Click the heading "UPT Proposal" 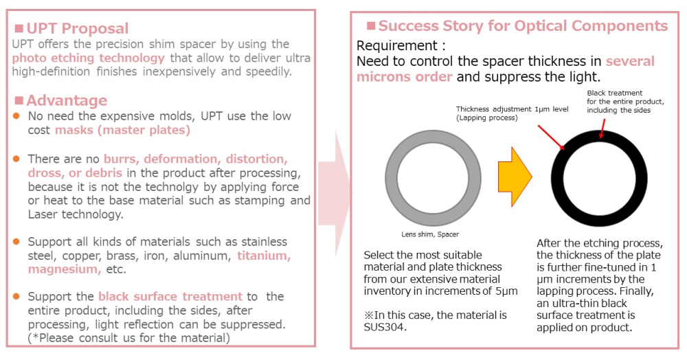(78, 28)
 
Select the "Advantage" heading (67, 100)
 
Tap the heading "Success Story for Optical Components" (523, 26)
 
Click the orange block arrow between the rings (515, 177)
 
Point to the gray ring (391, 178)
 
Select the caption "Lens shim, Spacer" (430, 234)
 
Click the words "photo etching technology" (88, 58)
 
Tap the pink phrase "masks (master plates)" (123, 130)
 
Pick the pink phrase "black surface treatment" (170, 297)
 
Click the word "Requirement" (396, 45)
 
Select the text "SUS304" (385, 327)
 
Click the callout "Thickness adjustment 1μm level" (513, 109)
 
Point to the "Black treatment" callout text (615, 93)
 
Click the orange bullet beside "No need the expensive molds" (16, 116)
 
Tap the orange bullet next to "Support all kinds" (16, 242)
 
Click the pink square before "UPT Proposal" (19, 29)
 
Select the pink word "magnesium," (65, 269)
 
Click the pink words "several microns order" (506, 69)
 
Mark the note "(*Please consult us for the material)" (129, 338)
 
